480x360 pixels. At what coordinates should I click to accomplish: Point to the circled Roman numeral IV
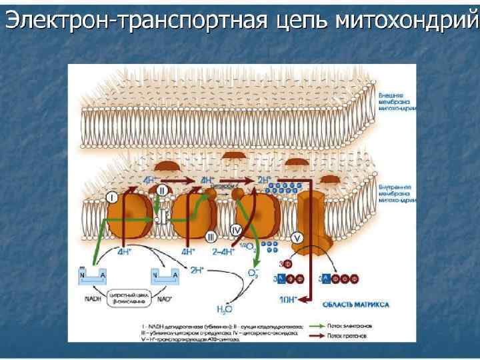(236, 229)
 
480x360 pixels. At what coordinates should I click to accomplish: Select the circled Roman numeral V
(297, 236)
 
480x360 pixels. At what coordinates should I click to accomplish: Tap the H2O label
(225, 309)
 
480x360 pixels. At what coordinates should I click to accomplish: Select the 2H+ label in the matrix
(197, 270)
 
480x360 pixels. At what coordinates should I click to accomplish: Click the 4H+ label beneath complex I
(124, 253)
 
